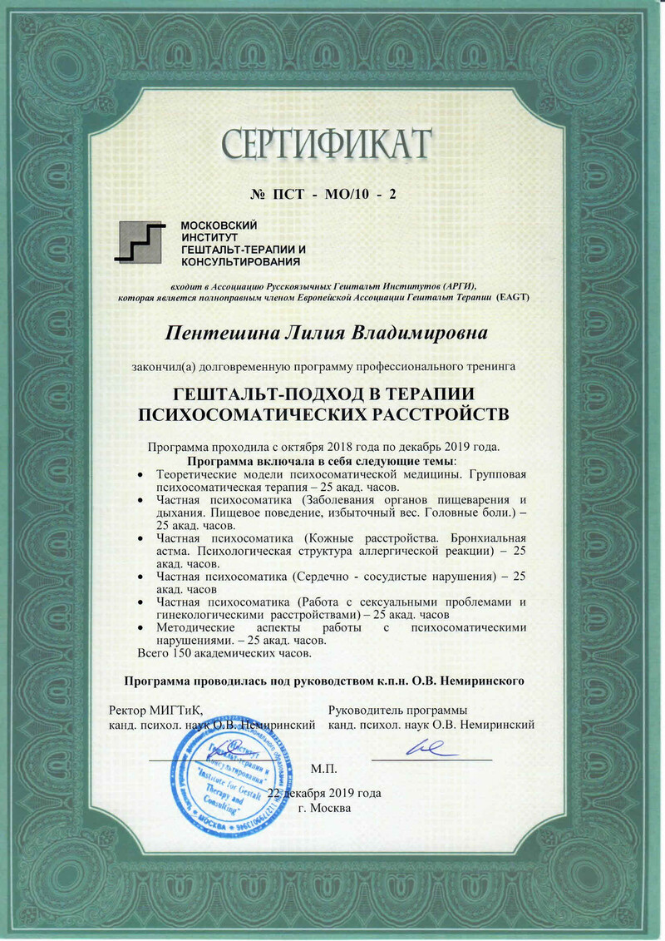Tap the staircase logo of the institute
[141, 242]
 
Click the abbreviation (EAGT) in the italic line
[512, 297]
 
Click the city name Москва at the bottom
[330, 807]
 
